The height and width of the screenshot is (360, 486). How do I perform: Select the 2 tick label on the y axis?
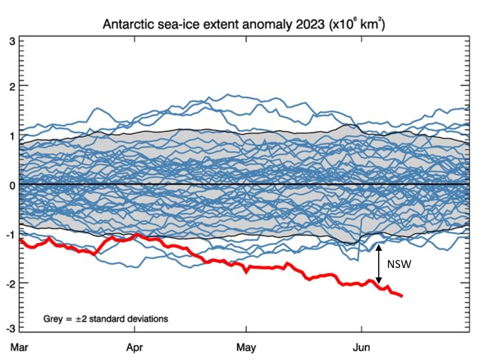14,85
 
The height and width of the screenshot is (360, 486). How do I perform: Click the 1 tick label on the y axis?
14,135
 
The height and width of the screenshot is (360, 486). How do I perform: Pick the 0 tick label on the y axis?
14,185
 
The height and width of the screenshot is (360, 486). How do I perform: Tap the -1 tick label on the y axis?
12,234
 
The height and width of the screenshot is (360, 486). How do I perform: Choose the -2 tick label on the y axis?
12,283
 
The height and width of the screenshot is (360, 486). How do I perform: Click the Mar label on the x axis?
19,348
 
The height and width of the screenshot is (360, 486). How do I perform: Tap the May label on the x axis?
246,348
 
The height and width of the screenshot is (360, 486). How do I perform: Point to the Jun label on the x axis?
362,348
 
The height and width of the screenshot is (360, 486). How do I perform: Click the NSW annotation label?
398,265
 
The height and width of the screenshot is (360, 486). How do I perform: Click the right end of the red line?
402,296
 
